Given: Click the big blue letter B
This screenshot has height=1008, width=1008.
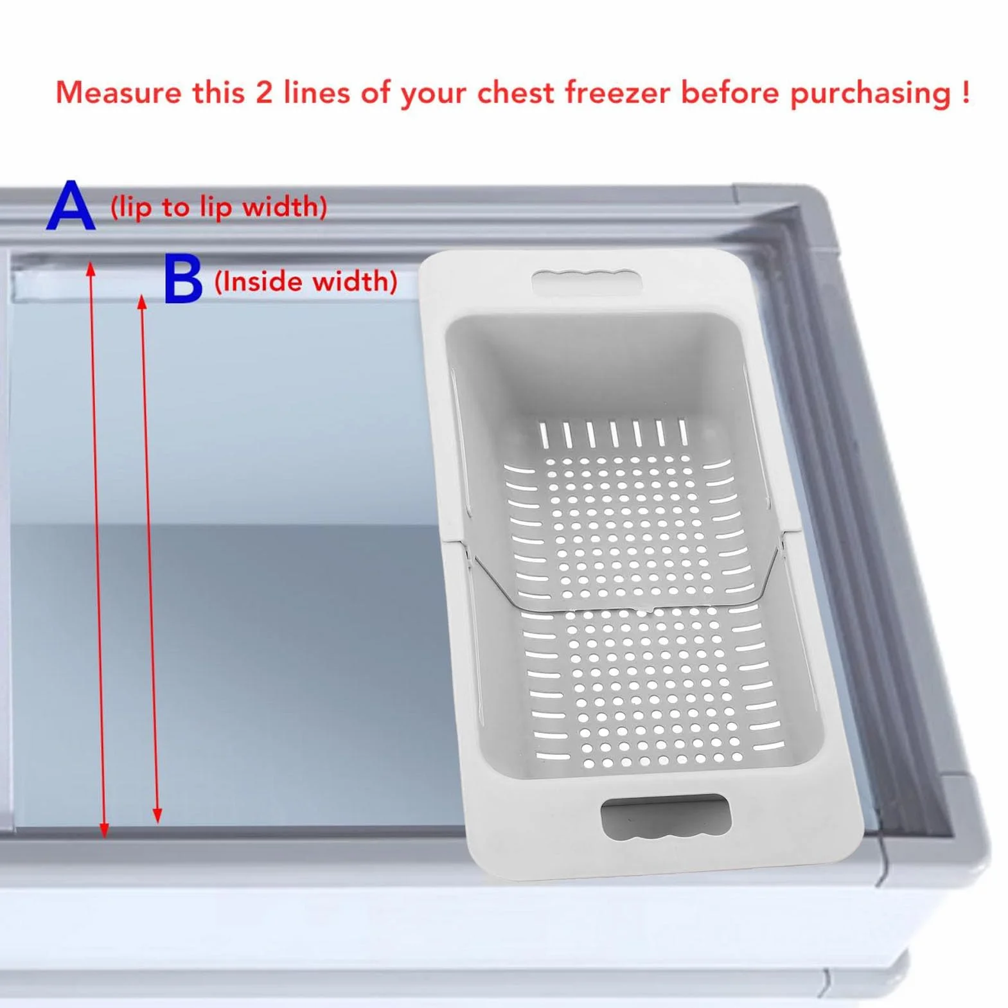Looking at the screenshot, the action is click(183, 279).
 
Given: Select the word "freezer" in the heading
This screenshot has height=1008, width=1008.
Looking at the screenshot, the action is click(617, 93).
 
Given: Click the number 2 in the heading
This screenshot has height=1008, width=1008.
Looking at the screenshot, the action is click(264, 93).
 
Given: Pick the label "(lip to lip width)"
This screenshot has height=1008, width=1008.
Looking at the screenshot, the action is click(219, 208).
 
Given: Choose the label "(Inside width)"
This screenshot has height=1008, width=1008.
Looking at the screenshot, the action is click(306, 282).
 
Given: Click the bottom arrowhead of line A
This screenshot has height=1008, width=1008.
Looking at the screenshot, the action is click(105, 830).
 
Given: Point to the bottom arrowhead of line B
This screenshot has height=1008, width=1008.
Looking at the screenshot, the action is click(157, 816).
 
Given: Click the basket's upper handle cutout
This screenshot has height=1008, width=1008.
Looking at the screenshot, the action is click(587, 281).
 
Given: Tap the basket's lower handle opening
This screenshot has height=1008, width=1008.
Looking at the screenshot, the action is click(666, 817).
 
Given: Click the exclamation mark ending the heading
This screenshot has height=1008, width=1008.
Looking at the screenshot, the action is click(966, 93).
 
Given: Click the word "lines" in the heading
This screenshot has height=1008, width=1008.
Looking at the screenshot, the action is click(317, 93).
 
